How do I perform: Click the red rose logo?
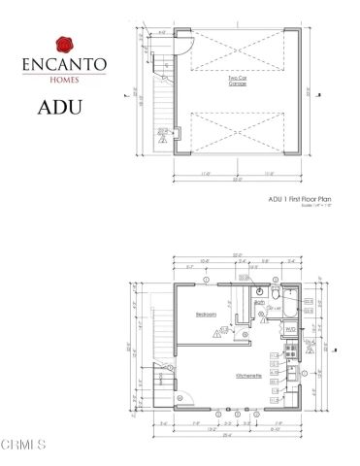coord(64,44)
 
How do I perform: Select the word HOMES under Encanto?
coord(64,77)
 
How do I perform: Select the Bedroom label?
coord(207,316)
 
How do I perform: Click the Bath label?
coord(259,302)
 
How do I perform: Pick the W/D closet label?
coord(289,329)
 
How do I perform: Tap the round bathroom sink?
coord(259,290)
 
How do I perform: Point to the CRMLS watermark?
coord(24,446)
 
